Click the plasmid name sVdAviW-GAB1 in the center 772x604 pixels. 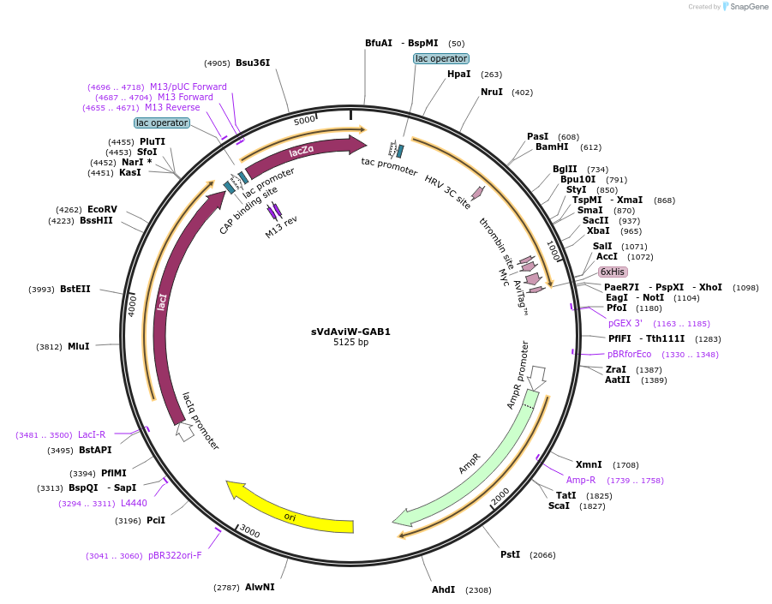coord(350,332)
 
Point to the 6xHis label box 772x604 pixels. coord(613,272)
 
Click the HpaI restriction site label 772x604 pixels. coord(459,74)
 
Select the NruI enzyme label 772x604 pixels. coord(491,92)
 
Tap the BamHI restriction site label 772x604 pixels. coord(552,147)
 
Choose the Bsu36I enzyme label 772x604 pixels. coord(253,63)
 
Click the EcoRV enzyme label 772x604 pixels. coord(102,209)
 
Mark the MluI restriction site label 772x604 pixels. coord(78,346)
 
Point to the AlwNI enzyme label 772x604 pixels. coord(260,587)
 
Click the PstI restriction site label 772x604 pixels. coord(510,554)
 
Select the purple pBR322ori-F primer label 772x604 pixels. coord(175,555)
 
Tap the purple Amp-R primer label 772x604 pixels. coord(580,480)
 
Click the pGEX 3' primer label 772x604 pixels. coord(625,323)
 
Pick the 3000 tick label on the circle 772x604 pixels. coord(249,531)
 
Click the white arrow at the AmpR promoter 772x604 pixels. coord(536,378)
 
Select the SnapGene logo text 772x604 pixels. coord(748,6)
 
